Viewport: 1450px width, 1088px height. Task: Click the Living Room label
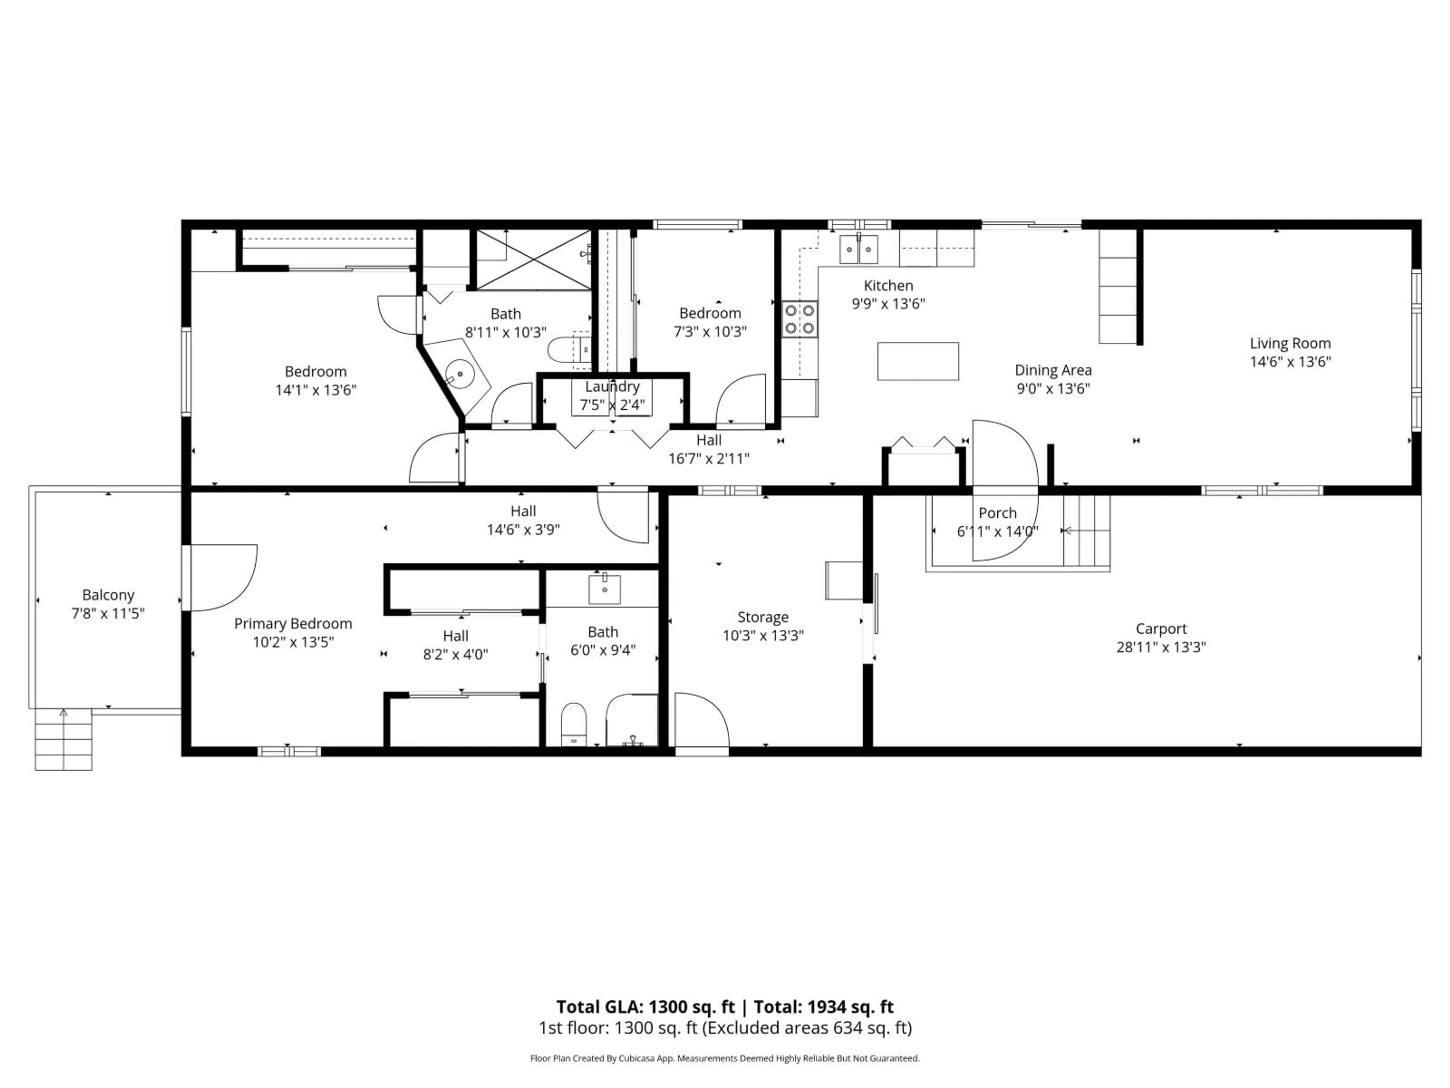coord(1290,343)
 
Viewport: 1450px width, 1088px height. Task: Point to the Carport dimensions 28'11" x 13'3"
coord(1161,647)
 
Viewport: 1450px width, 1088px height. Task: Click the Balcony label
coord(108,595)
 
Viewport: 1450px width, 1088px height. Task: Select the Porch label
coord(997,513)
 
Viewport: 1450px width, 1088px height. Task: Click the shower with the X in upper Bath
coord(534,259)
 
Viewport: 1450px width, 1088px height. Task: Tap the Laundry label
coord(612,386)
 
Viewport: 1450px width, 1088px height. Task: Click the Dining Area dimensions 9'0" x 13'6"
coord(1053,388)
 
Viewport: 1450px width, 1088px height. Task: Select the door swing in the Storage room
coord(702,719)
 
